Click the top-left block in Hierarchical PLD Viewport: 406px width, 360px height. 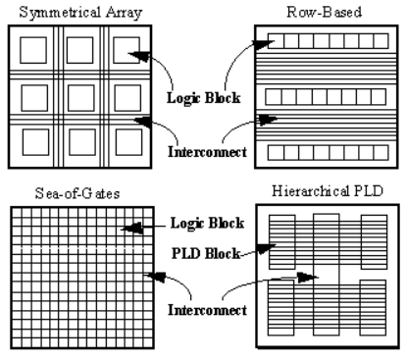coord(283,241)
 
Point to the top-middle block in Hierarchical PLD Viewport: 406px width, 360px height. coord(328,241)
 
